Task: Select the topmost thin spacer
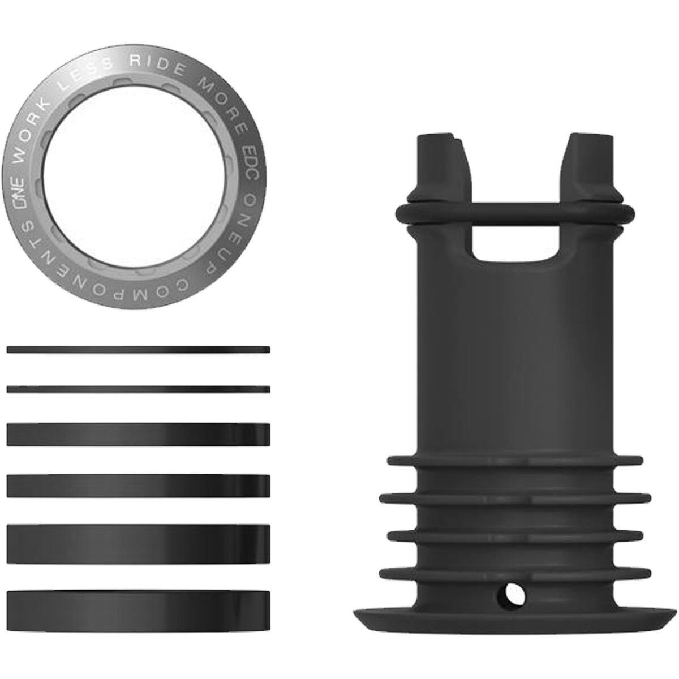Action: point(138,350)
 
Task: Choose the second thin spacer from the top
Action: point(138,389)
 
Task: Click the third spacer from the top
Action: point(138,434)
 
